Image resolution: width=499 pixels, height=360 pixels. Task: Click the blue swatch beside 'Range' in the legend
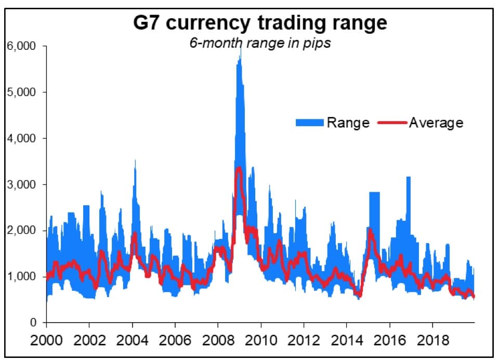(310, 123)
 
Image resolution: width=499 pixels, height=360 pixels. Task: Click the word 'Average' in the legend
(436, 123)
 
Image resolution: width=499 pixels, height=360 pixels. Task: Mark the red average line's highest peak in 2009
(239, 167)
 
